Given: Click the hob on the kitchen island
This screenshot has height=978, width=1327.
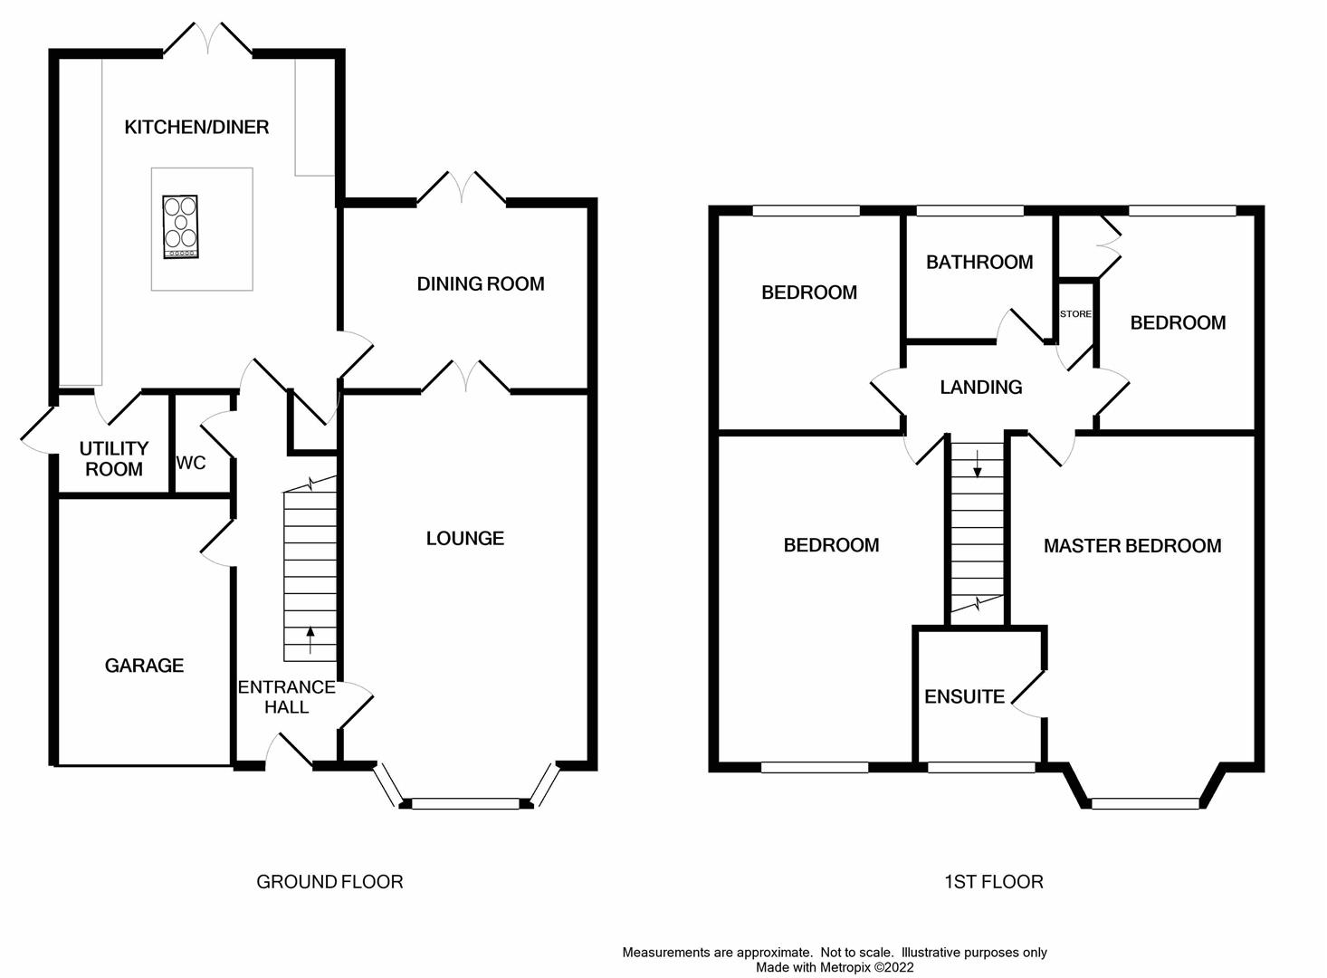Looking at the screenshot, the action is click(x=181, y=227).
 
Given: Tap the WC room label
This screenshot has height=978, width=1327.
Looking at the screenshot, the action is click(x=191, y=463).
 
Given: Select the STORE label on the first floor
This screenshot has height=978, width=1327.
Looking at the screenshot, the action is click(x=1076, y=313).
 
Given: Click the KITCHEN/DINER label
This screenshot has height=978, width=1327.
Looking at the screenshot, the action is click(x=196, y=127).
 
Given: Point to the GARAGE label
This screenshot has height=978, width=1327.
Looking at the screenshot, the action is click(x=144, y=666).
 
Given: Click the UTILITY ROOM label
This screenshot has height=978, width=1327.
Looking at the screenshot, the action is click(x=114, y=459).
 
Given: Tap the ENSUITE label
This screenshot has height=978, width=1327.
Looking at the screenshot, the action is click(x=964, y=696).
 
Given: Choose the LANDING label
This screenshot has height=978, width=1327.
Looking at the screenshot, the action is click(x=981, y=387).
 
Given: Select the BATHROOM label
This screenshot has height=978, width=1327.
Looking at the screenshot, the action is click(x=979, y=262).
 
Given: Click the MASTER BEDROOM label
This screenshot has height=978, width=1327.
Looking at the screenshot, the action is click(x=1132, y=545).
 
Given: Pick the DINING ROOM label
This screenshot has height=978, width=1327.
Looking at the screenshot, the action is click(x=481, y=284).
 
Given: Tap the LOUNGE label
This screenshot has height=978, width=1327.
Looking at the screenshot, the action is click(x=465, y=538).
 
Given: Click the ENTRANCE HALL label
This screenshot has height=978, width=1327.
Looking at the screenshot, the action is click(x=287, y=697).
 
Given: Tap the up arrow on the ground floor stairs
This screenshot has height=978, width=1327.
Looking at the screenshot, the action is click(x=310, y=640).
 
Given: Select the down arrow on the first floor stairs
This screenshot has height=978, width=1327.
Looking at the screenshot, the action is click(x=978, y=464).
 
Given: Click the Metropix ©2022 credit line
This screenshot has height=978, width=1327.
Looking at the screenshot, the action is click(x=835, y=968).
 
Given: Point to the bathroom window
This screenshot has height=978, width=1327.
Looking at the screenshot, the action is click(x=970, y=210).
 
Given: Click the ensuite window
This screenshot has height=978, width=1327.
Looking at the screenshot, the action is click(x=981, y=768).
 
